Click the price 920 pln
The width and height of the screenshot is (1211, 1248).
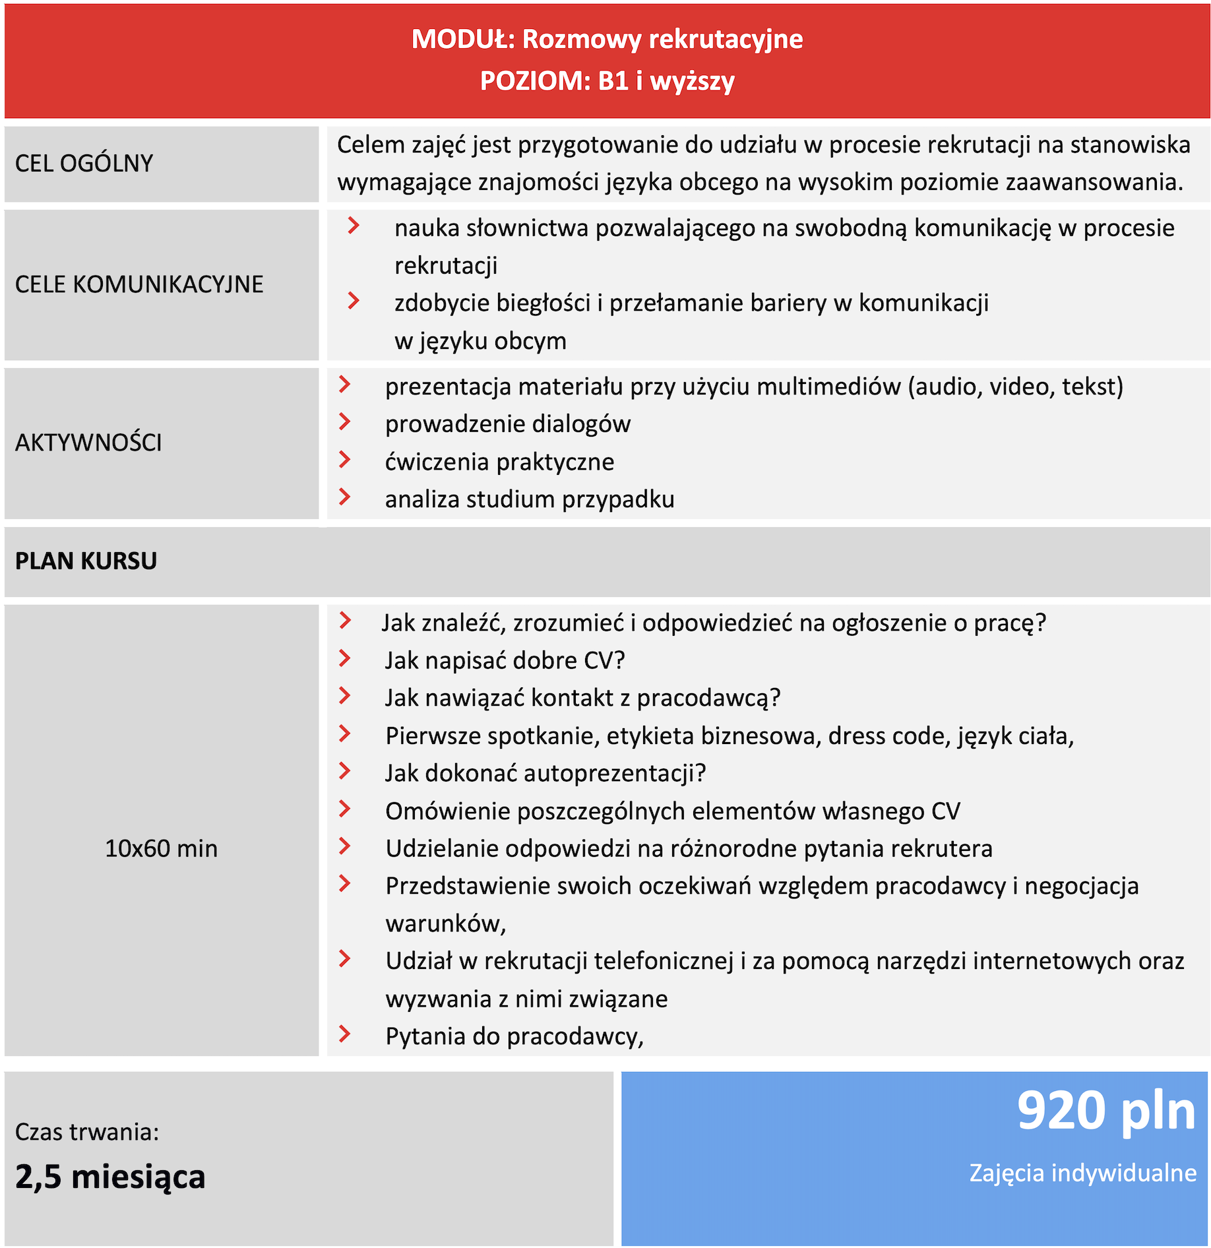[x=1105, y=1111]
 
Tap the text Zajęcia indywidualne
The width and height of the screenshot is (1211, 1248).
[x=1082, y=1173]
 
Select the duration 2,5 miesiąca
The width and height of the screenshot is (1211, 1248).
[x=110, y=1177]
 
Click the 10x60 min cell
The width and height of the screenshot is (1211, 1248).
[x=161, y=848]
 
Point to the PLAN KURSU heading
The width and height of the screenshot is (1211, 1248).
[x=86, y=561]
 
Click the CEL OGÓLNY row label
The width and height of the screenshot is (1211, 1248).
[x=84, y=164]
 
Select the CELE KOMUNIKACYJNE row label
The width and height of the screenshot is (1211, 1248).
[x=139, y=284]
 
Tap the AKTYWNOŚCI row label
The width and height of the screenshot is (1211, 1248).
[x=88, y=443]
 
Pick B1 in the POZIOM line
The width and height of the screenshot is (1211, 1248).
[x=613, y=81]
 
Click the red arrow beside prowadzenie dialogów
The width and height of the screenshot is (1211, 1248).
[x=344, y=422]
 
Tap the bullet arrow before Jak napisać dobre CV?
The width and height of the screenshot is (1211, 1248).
[x=344, y=658]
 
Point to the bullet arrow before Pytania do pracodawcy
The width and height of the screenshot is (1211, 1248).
[x=344, y=1034]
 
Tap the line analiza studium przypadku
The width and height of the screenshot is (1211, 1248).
[x=530, y=499]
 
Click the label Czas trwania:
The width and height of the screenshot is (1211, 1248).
[x=87, y=1132]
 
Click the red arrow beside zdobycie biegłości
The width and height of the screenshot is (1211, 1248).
[x=354, y=301]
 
